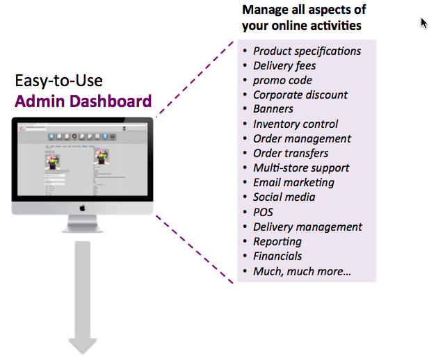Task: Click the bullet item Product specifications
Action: pyautogui.click(x=307, y=51)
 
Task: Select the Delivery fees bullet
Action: pyautogui.click(x=284, y=66)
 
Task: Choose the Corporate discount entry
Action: pyautogui.click(x=300, y=95)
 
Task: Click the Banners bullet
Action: pyautogui.click(x=273, y=109)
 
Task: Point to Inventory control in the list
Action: pyautogui.click(x=296, y=124)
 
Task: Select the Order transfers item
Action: pyautogui.click(x=291, y=154)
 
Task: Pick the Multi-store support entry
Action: pyautogui.click(x=301, y=168)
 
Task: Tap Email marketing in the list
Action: pyautogui.click(x=293, y=183)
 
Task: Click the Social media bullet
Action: pyautogui.click(x=284, y=197)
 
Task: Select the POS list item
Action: pyautogui.click(x=264, y=212)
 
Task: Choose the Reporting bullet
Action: pyautogui.click(x=277, y=242)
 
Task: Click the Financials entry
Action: pyautogui.click(x=277, y=256)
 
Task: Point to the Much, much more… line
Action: pyautogui.click(x=302, y=271)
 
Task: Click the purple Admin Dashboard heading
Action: pyautogui.click(x=83, y=101)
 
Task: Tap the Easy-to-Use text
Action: pyautogui.click(x=59, y=81)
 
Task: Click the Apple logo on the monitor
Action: pyautogui.click(x=82, y=206)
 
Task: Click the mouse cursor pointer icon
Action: pyautogui.click(x=423, y=23)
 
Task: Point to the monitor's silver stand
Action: pyautogui.click(x=82, y=224)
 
